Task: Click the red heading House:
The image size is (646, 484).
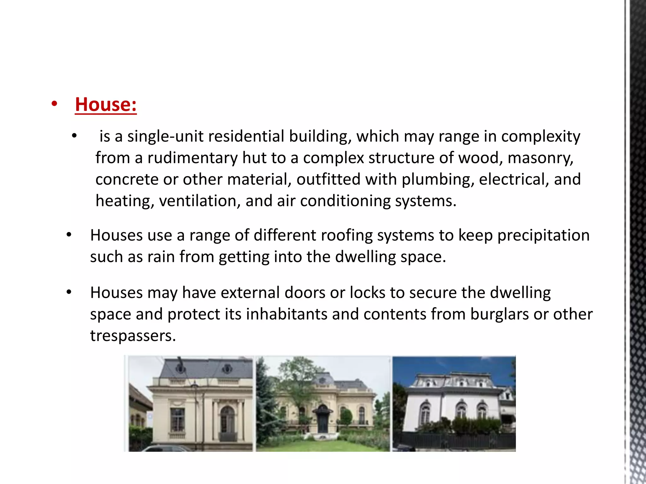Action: [106, 104]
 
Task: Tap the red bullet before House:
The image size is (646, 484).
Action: [54, 104]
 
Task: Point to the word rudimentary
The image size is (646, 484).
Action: [192, 158]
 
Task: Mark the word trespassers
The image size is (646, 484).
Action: [133, 336]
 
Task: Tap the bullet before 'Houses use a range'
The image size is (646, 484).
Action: [69, 235]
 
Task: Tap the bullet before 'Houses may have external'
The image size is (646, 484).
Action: [69, 292]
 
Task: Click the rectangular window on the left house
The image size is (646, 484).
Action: [177, 419]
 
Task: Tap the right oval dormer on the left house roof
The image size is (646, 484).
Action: [227, 368]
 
